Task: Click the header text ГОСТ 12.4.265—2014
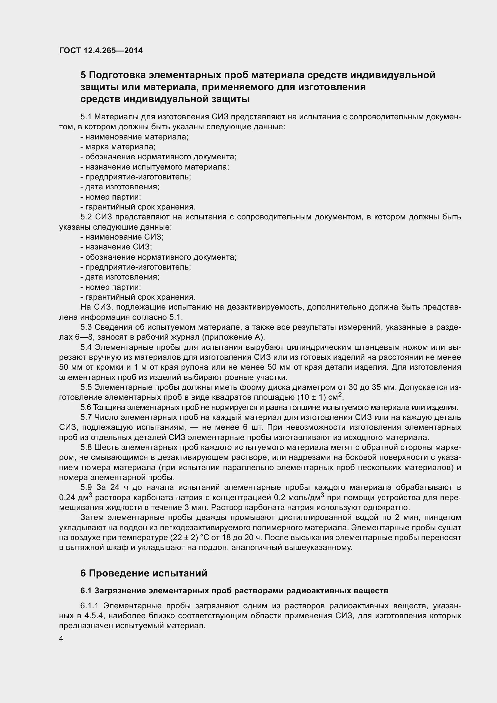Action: click(x=101, y=50)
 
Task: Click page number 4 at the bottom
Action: click(x=61, y=638)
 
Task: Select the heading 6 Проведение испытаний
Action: click(x=144, y=573)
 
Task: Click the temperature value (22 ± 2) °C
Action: click(x=188, y=538)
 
